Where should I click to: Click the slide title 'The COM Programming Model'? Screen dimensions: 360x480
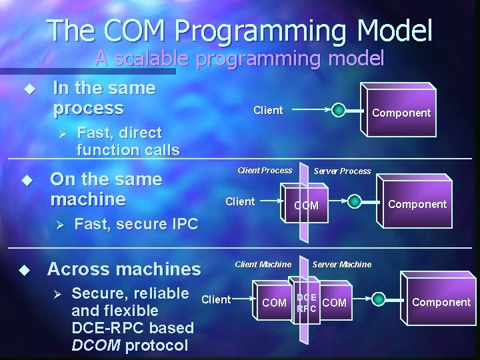(x=240, y=31)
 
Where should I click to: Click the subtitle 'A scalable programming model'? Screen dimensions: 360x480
(x=239, y=58)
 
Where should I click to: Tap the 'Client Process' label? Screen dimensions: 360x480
(x=265, y=171)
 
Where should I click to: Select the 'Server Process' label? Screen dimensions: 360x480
(x=342, y=171)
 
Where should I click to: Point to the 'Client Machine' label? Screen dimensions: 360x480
(x=263, y=265)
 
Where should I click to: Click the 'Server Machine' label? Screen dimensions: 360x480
(x=341, y=265)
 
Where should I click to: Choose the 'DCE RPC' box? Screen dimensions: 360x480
(x=307, y=303)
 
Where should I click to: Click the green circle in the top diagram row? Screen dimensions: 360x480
(x=339, y=110)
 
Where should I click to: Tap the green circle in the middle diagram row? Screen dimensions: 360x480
(x=355, y=201)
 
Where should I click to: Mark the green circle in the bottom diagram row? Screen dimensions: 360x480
(x=379, y=299)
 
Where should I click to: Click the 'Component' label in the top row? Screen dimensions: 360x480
(x=401, y=113)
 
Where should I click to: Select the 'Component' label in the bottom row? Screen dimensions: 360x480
(x=441, y=302)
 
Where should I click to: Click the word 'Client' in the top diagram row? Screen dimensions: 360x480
(x=268, y=110)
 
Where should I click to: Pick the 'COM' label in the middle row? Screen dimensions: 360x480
(x=307, y=206)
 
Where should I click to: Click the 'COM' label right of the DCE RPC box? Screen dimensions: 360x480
(x=334, y=303)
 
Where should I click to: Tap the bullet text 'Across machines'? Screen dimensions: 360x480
(x=124, y=269)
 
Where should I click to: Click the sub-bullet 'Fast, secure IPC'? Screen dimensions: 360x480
(x=136, y=224)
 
